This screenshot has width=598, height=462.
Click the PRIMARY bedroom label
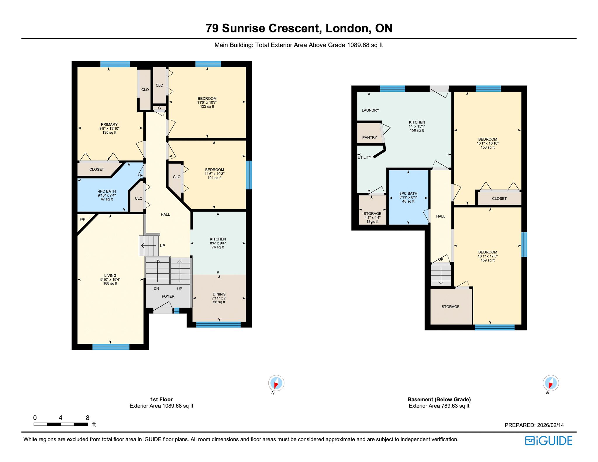pyautogui.click(x=109, y=124)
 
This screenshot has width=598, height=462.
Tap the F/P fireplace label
pyautogui.click(x=83, y=219)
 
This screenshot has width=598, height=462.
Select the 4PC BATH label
pyautogui.click(x=107, y=191)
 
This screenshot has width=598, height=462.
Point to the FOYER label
pyautogui.click(x=168, y=296)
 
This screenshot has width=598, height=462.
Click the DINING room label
pyautogui.click(x=219, y=294)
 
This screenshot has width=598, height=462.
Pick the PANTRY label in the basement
pyautogui.click(x=370, y=137)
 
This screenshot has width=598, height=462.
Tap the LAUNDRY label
pyautogui.click(x=370, y=110)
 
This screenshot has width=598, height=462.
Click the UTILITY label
pyautogui.click(x=364, y=157)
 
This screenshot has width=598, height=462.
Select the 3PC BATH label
pyautogui.click(x=408, y=193)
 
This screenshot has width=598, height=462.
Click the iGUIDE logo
pyautogui.click(x=549, y=441)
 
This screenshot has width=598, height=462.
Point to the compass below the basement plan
pyautogui.click(x=551, y=383)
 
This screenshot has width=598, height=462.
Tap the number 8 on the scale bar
pyautogui.click(x=87, y=418)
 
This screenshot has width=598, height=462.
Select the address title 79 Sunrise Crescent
pyautogui.click(x=264, y=28)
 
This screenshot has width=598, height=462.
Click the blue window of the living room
pyautogui.click(x=111, y=347)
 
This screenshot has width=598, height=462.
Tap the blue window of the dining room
pyautogui.click(x=218, y=325)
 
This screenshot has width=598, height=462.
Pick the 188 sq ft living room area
pyautogui.click(x=110, y=283)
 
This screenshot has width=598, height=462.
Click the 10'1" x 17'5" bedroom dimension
pyautogui.click(x=488, y=256)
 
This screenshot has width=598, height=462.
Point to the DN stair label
pyautogui.click(x=156, y=288)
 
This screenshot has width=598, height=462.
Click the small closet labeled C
pyautogui.click(x=159, y=108)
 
